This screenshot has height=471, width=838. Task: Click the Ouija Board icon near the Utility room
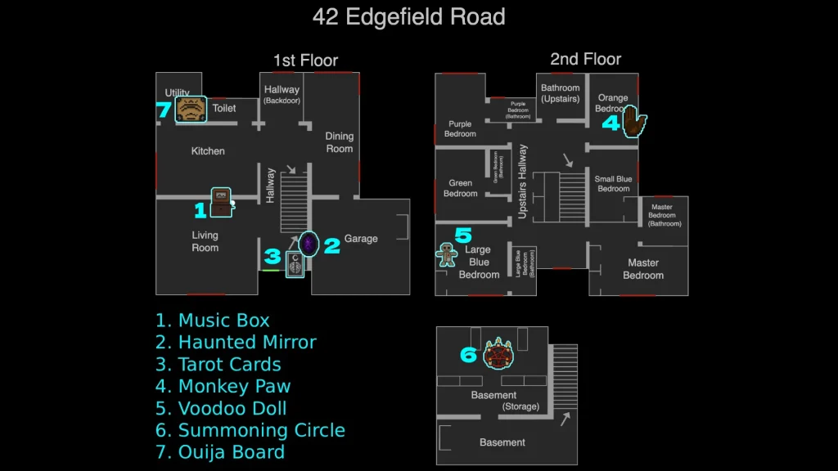pyautogui.click(x=191, y=109)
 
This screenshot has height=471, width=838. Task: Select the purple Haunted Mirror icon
pyautogui.click(x=308, y=244)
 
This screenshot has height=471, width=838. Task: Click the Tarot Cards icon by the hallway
pyautogui.click(x=295, y=264)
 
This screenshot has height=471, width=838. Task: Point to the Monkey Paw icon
pyautogui.click(x=634, y=123)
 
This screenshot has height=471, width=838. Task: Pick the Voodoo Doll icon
pyautogui.click(x=447, y=254)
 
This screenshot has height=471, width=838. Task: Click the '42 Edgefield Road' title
pyautogui.click(x=409, y=16)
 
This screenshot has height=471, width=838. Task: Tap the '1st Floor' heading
pyautogui.click(x=305, y=60)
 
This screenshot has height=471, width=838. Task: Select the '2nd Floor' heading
pyautogui.click(x=585, y=59)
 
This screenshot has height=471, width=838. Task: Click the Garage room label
pyautogui.click(x=361, y=239)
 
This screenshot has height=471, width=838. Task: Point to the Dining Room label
pyautogui.click(x=339, y=142)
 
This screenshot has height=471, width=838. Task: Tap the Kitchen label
pyautogui.click(x=208, y=151)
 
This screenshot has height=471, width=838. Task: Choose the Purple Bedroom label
pyautogui.click(x=460, y=129)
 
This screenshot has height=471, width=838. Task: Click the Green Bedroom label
pyautogui.click(x=460, y=188)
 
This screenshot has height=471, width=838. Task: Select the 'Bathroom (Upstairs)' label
pyautogui.click(x=560, y=93)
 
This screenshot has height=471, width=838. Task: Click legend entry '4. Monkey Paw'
pyautogui.click(x=223, y=386)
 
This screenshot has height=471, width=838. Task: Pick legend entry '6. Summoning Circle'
pyautogui.click(x=250, y=430)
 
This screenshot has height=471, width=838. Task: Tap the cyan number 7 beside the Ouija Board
pyautogui.click(x=163, y=110)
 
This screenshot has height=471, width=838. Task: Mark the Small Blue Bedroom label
pyautogui.click(x=613, y=184)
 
